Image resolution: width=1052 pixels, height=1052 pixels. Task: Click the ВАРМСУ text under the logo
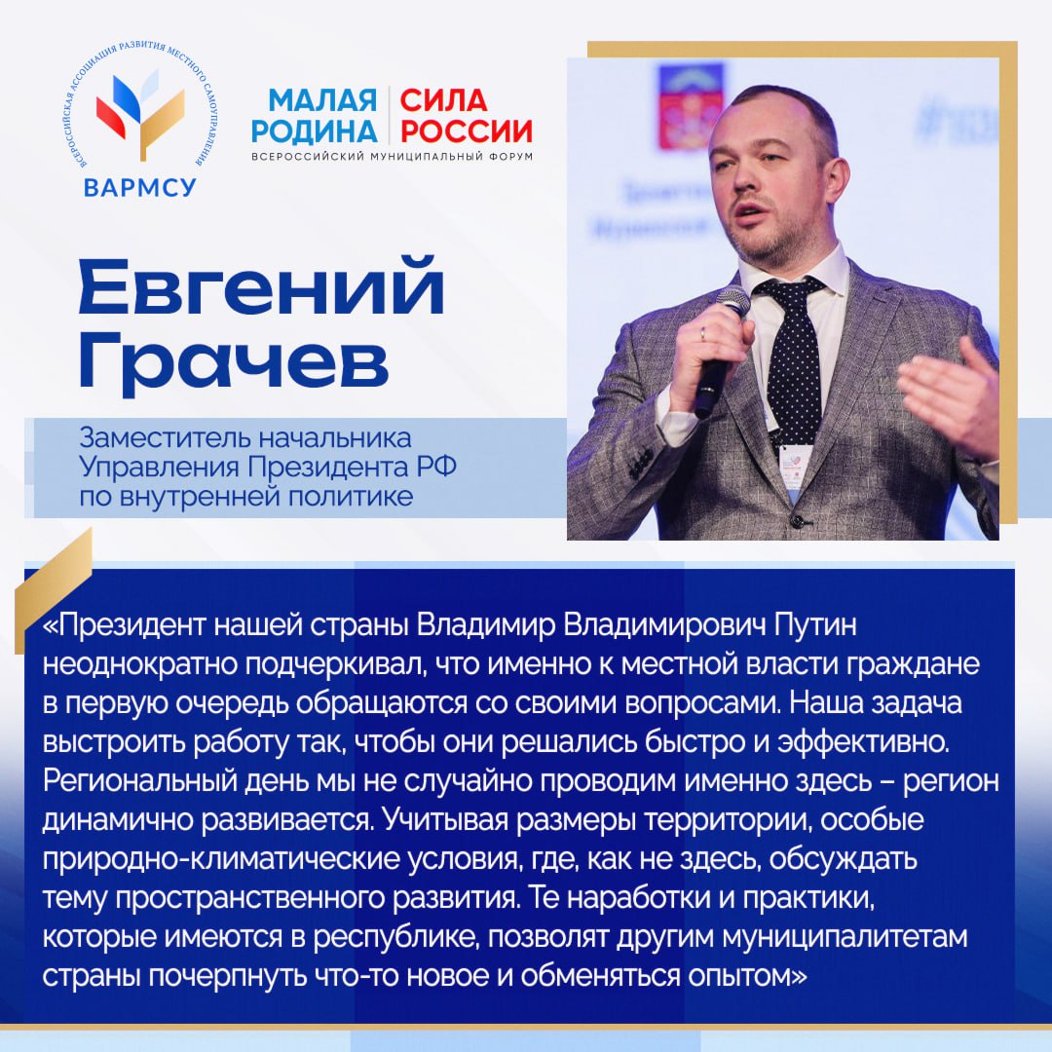[x=140, y=187]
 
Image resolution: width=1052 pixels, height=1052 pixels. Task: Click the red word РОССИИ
[x=467, y=131]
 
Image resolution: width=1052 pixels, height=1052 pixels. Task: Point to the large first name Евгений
[x=260, y=289]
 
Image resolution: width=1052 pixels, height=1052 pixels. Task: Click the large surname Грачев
[x=233, y=362]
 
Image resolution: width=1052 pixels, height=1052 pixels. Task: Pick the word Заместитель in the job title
[x=159, y=436]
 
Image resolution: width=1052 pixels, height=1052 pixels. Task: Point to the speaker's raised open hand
[x=950, y=394]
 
